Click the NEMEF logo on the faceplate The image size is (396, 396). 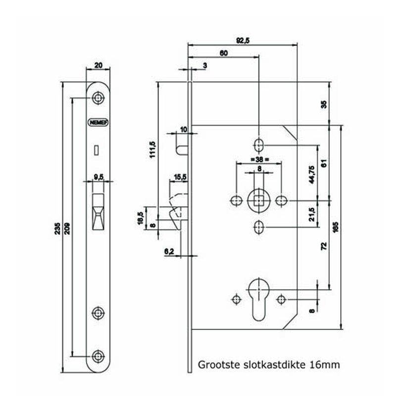(x=99, y=122)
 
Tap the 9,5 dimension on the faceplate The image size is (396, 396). (x=98, y=177)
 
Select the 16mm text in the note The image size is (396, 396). (x=324, y=365)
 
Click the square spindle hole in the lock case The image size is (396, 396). (x=259, y=200)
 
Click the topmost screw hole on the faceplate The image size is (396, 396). (x=98, y=98)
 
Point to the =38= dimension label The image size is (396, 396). (x=258, y=159)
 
